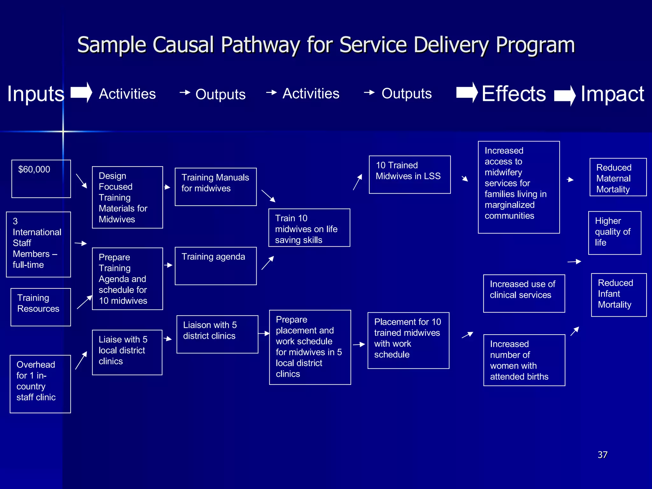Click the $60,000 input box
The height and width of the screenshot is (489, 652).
tap(41, 179)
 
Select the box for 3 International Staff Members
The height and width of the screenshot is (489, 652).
tap(39, 244)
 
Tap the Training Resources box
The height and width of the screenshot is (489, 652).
tap(41, 307)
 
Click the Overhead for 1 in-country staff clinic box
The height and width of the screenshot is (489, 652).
tap(40, 384)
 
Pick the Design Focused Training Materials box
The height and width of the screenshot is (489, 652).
tap(127, 197)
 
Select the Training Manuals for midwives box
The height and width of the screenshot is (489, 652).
tap(216, 187)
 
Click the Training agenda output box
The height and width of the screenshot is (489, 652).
tap(216, 266)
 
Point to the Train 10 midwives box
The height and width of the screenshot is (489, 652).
tap(309, 227)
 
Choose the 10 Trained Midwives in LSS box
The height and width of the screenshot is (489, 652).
tap(409, 174)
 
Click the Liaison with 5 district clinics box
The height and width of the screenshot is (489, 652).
tap(217, 334)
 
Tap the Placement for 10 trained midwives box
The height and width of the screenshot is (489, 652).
tap(408, 340)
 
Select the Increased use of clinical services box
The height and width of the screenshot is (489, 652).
tap(524, 293)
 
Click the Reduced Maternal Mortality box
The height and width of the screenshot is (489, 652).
tap(618, 177)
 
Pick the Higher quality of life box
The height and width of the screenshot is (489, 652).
tap(614, 232)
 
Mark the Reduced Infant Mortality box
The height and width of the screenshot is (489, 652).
tap(619, 294)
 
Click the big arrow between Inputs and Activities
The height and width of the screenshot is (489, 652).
tap(81, 92)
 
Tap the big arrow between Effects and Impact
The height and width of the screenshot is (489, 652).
tap(564, 96)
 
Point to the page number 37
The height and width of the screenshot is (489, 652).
tap(602, 454)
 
